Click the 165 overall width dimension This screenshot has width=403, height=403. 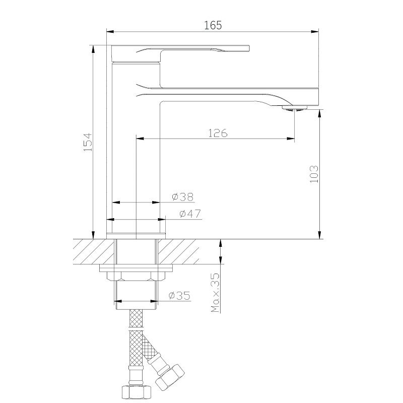213,25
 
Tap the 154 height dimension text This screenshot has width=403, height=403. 88,142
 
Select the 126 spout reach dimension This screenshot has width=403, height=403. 218,133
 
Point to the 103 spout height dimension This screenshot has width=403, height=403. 314,174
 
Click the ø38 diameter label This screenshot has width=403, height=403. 182,197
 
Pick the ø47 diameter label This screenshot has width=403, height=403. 190,214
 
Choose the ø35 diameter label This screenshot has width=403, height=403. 179,296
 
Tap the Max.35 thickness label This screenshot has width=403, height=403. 216,293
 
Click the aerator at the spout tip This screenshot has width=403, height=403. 295,108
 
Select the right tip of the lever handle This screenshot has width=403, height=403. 249,48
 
